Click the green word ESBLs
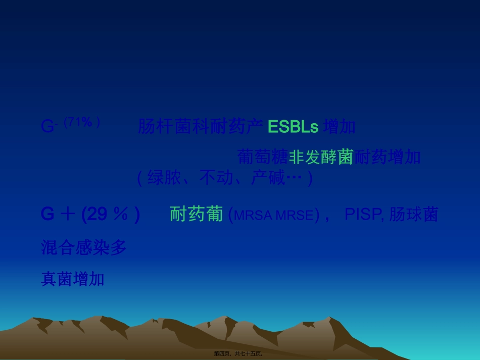(x=293, y=127)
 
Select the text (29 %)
(x=110, y=215)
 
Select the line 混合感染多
(x=83, y=247)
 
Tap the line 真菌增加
(x=72, y=279)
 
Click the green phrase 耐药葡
(x=196, y=215)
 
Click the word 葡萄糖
(x=262, y=157)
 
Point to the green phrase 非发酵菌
(x=320, y=157)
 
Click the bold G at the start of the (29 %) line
(x=47, y=215)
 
